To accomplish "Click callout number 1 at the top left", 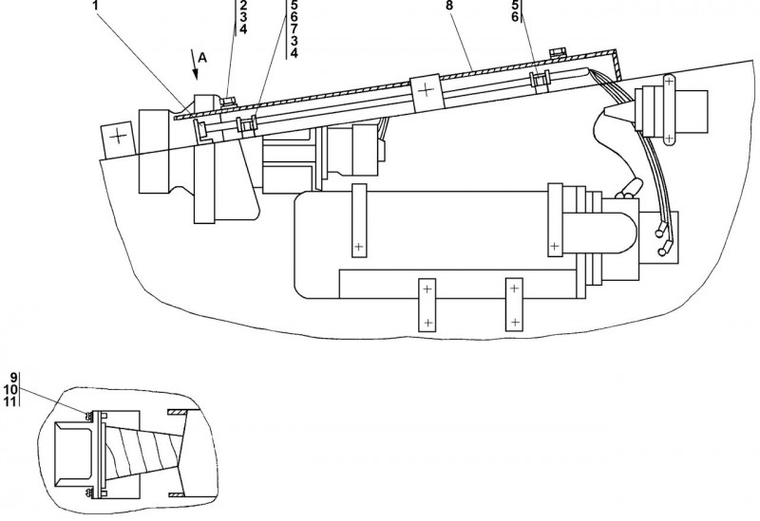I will [95, 5].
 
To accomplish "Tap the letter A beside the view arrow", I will [203, 58].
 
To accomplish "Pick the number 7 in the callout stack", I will [294, 28].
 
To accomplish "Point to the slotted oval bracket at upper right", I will [670, 111].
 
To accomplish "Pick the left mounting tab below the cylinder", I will [427, 305].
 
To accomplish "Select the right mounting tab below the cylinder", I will [514, 305].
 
